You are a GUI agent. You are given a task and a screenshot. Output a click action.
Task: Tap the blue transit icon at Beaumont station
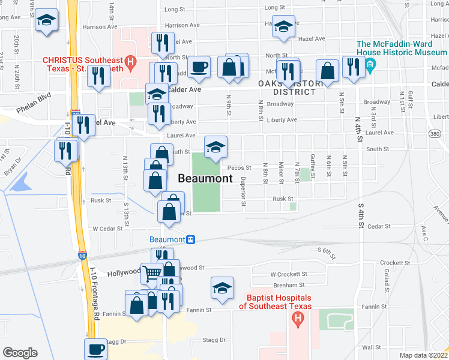pyautogui.click(x=190, y=239)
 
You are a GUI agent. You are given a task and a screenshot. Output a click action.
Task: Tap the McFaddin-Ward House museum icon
pyautogui.click(x=370, y=64)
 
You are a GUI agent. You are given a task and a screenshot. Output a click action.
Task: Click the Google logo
pyautogui.click(x=19, y=352)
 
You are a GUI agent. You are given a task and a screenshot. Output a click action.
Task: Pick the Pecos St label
pyautogui.click(x=239, y=168)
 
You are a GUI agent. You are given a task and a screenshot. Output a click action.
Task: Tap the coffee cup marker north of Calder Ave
pyautogui.click(x=199, y=67)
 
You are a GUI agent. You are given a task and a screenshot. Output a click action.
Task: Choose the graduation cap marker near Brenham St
pyautogui.click(x=222, y=288)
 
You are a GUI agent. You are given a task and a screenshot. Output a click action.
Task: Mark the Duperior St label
pyautogui.click(x=243, y=191)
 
